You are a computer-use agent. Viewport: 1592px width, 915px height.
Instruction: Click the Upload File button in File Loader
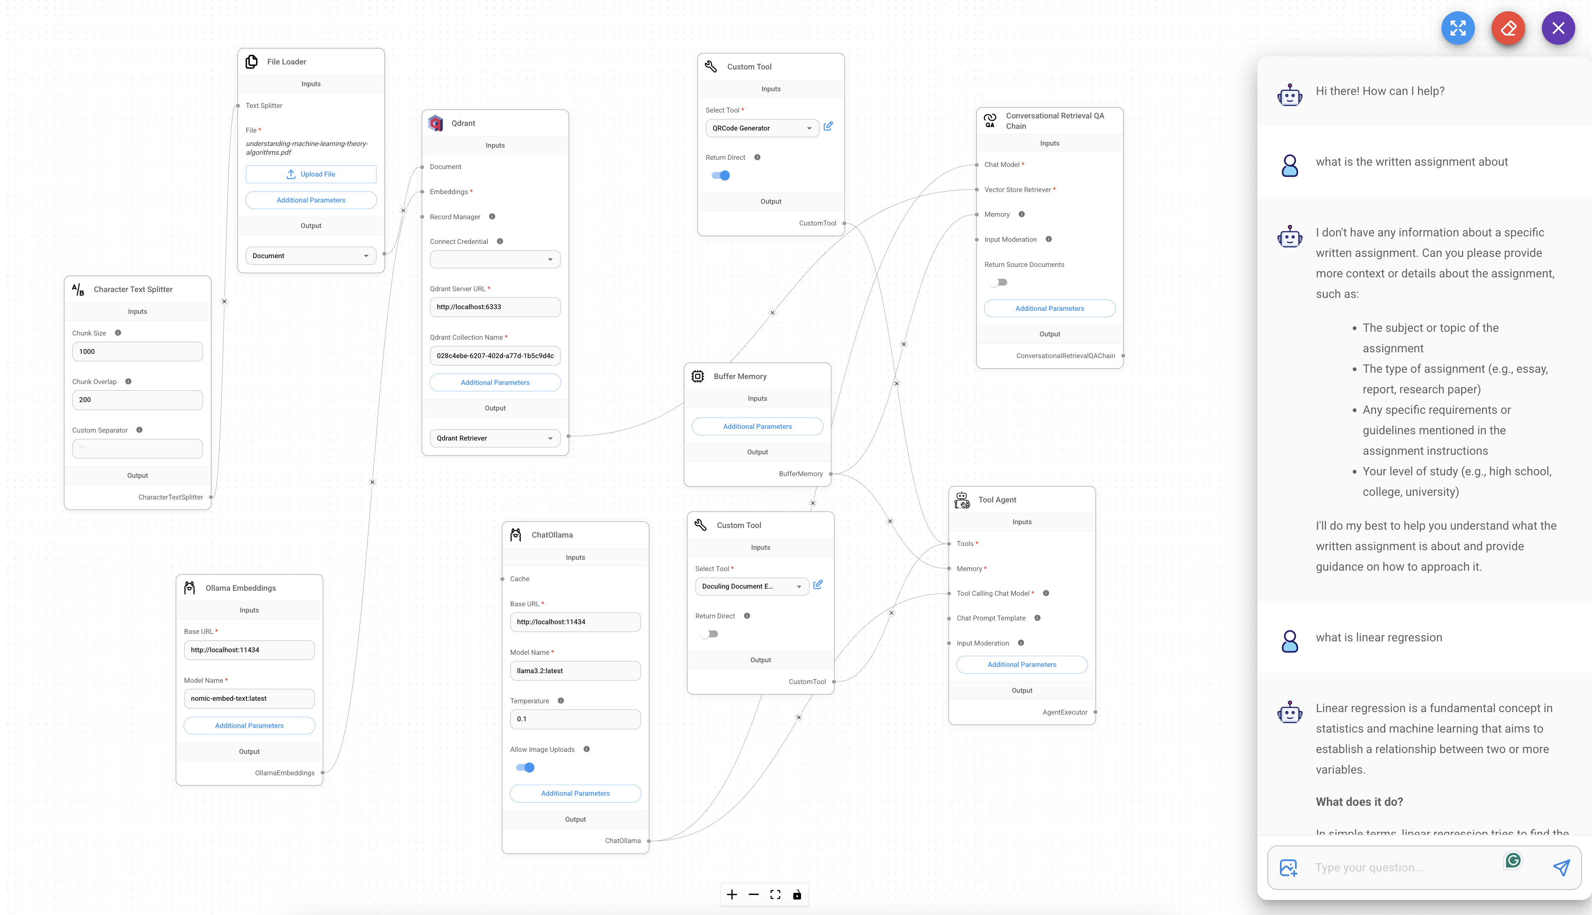click(x=311, y=174)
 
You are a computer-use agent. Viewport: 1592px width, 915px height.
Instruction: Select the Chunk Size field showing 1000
click(x=138, y=351)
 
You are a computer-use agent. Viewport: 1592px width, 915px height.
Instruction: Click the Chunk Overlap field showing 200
click(x=138, y=400)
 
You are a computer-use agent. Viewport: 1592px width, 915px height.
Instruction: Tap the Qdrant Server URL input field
click(x=495, y=307)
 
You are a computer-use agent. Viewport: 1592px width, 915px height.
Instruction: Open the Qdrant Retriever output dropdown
click(x=495, y=438)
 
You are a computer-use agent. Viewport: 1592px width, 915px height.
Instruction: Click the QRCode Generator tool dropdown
click(x=762, y=128)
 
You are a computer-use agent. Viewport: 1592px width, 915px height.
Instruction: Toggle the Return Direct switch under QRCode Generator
click(x=721, y=175)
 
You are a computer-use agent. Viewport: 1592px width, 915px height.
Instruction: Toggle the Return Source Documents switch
click(x=998, y=282)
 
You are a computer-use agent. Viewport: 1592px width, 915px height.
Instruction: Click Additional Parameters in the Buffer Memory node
click(x=757, y=426)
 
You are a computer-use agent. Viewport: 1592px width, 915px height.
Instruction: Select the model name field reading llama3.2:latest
click(x=576, y=671)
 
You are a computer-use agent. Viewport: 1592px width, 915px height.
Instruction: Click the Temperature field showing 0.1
click(x=576, y=719)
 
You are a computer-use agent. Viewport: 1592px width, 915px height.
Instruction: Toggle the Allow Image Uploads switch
click(x=525, y=767)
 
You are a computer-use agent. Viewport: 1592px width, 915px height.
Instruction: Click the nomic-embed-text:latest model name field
click(x=249, y=698)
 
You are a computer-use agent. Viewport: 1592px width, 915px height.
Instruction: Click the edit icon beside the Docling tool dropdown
click(x=818, y=584)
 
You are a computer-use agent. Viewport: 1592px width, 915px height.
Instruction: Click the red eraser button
click(x=1508, y=28)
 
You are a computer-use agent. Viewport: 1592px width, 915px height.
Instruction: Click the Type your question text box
click(x=1404, y=867)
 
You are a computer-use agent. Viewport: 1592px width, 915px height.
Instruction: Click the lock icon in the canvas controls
click(x=797, y=894)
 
